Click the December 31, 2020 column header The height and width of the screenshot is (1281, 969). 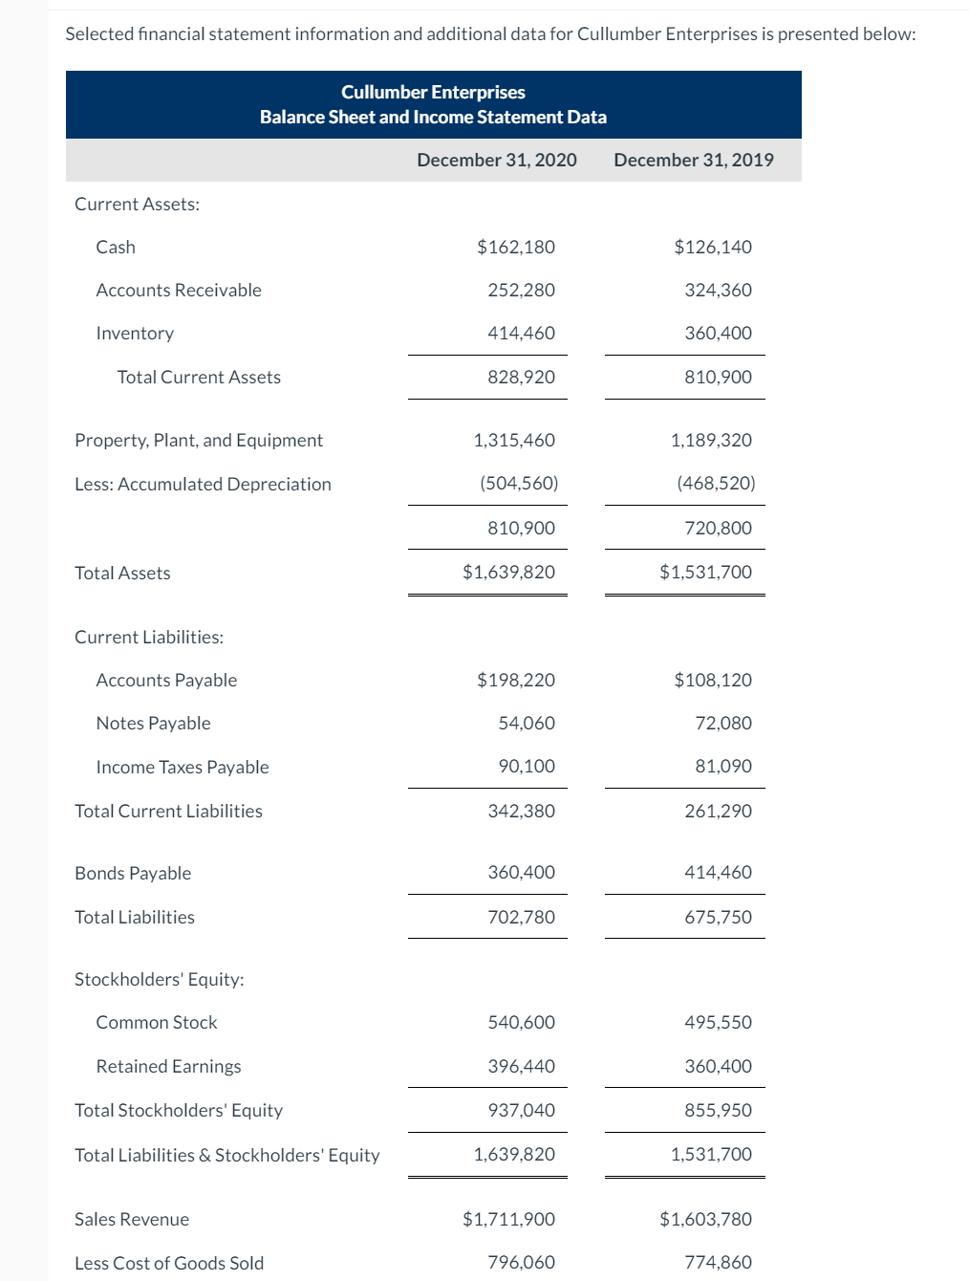coord(496,160)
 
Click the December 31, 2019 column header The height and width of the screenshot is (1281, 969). coord(693,160)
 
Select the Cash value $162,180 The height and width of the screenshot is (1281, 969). coord(515,247)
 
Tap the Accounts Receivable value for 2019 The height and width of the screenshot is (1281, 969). coord(718,290)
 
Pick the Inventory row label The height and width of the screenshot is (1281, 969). coord(135,333)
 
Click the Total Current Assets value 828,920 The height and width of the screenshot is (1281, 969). coord(521,377)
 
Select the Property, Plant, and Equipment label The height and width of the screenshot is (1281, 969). coord(199,440)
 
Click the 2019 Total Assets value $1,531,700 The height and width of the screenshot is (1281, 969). coord(705,572)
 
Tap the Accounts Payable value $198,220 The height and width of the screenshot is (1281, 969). coord(515,680)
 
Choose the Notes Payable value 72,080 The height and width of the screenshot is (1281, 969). coord(722,723)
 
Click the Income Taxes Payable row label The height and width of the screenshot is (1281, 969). coord(183,767)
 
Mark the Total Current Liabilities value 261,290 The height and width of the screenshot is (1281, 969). coord(718,811)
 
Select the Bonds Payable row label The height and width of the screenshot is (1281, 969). coord(133,873)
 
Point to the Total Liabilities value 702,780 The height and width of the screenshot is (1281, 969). coord(521,917)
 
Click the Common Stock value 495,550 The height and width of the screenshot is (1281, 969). coord(718,1022)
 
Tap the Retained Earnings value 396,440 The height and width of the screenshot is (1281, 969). coord(521,1066)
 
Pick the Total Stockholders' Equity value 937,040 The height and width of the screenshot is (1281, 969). coord(521,1110)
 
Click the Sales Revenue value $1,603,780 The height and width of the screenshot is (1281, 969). coord(705,1219)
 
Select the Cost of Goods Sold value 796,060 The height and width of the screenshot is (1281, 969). coord(521,1262)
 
